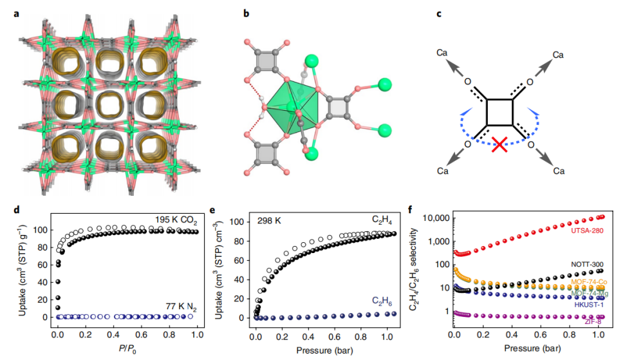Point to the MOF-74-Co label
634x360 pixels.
(589, 282)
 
